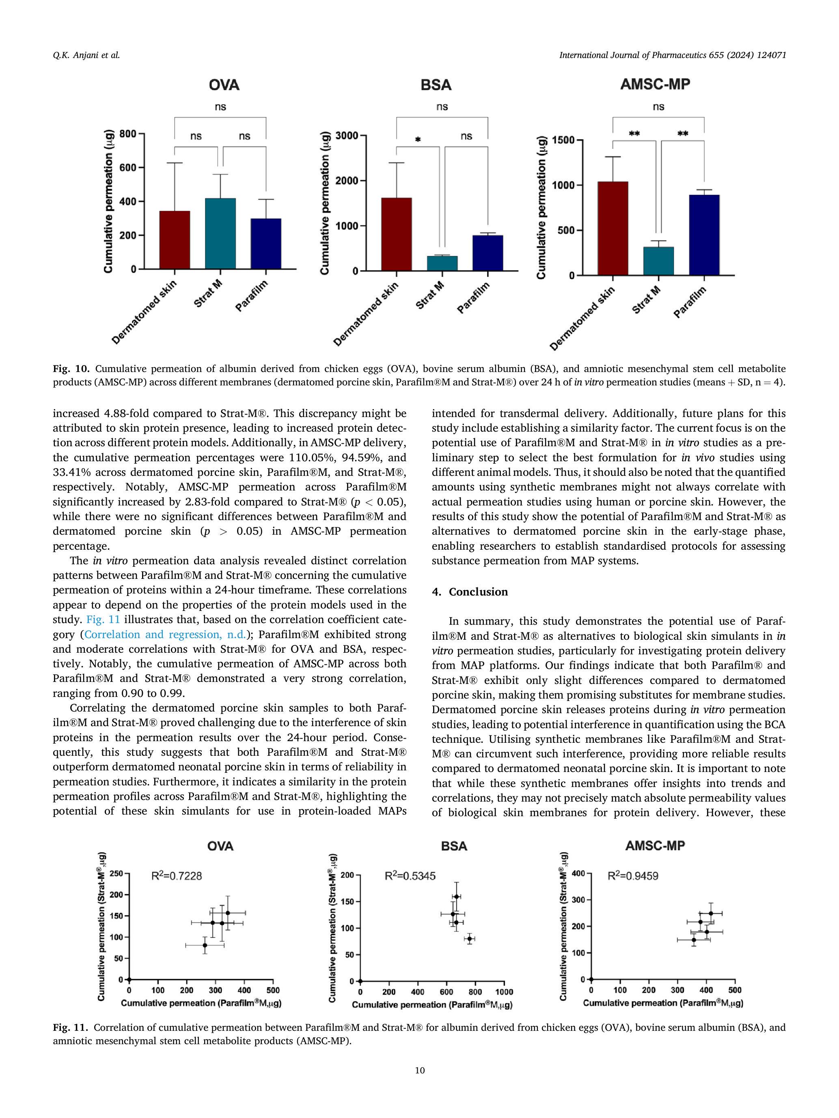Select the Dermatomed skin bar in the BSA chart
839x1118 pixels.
point(396,234)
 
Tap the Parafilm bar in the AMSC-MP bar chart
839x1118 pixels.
point(704,235)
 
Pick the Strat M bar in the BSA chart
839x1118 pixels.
point(442,263)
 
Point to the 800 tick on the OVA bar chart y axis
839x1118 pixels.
point(128,134)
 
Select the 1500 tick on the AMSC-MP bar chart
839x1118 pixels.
point(563,140)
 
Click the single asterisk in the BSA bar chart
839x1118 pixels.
point(418,140)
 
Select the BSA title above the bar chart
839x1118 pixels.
point(436,85)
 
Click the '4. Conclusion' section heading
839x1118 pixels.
point(470,592)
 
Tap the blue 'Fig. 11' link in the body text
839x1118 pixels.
point(103,620)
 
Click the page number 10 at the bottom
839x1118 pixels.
point(419,1070)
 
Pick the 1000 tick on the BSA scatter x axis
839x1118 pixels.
point(504,992)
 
